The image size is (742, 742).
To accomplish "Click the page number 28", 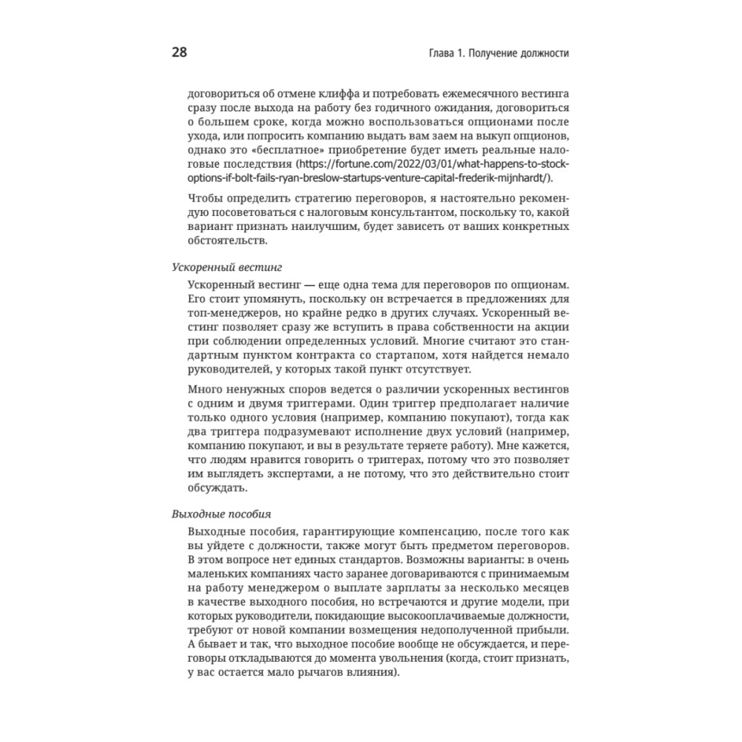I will click(179, 53).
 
